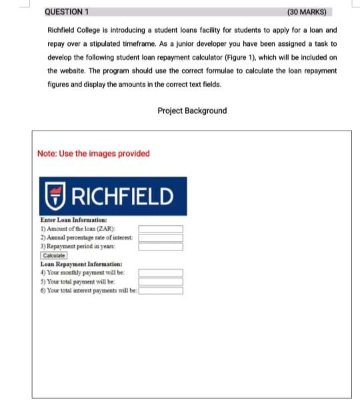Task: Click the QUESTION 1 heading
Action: (x=67, y=12)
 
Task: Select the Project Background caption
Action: (x=192, y=111)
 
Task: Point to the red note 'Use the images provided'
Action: (x=94, y=153)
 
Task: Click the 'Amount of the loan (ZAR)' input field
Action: (x=160, y=229)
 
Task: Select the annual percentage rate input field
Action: (x=160, y=238)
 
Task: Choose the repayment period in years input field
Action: (x=160, y=246)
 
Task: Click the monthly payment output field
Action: (x=160, y=272)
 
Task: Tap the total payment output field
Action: (x=160, y=281)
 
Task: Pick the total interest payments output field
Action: (x=160, y=290)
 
